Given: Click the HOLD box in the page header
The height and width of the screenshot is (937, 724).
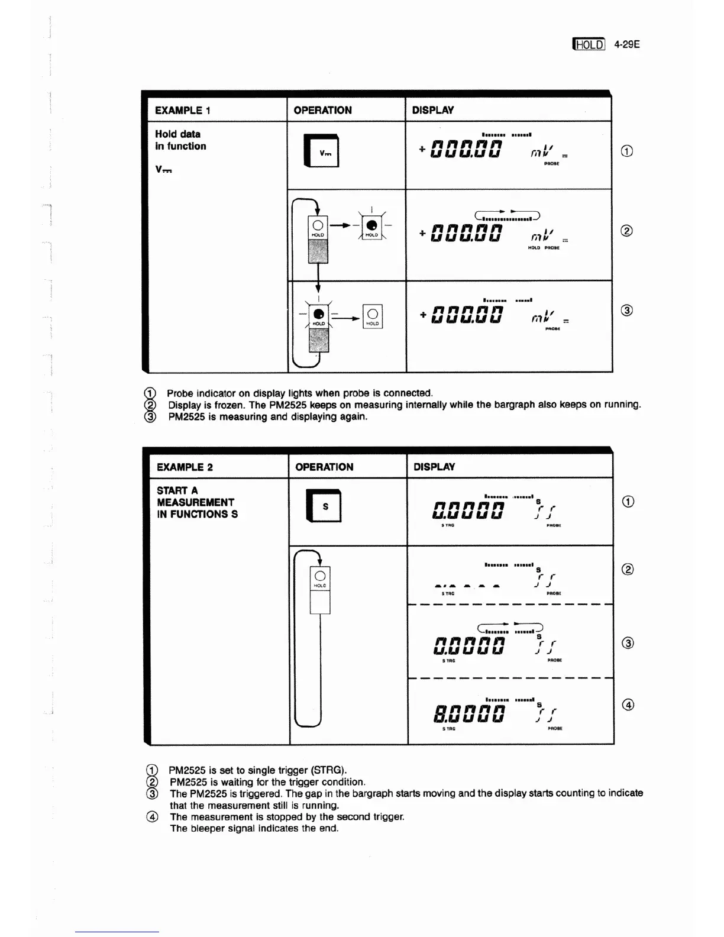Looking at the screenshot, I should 589,44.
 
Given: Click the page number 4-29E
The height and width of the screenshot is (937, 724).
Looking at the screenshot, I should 627,44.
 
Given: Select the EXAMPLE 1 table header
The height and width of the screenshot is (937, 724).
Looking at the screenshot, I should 178,111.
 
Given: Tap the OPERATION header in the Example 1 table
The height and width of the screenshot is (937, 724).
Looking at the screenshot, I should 322,111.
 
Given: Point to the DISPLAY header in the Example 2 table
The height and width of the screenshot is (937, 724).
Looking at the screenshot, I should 434,467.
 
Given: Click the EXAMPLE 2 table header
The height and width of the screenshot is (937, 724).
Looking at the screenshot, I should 185,467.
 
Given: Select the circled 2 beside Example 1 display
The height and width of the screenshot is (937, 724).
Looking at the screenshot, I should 627,231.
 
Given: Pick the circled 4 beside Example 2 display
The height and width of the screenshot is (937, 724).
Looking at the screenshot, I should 629,704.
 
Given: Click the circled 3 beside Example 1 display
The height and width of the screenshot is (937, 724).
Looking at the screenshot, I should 627,310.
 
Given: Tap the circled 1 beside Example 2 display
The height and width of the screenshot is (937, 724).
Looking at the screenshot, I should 628,502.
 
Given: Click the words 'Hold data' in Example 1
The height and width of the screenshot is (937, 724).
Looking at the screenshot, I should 177,134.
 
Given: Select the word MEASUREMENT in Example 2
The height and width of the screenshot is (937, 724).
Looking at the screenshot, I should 195,502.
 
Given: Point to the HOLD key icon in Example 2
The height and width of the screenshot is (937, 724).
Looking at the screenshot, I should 320,579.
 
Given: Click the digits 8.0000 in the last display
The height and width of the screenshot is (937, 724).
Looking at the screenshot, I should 468,712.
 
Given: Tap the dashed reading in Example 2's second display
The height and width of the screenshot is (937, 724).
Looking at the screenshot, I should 467,586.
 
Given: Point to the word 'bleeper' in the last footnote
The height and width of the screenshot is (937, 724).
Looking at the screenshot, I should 214,828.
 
